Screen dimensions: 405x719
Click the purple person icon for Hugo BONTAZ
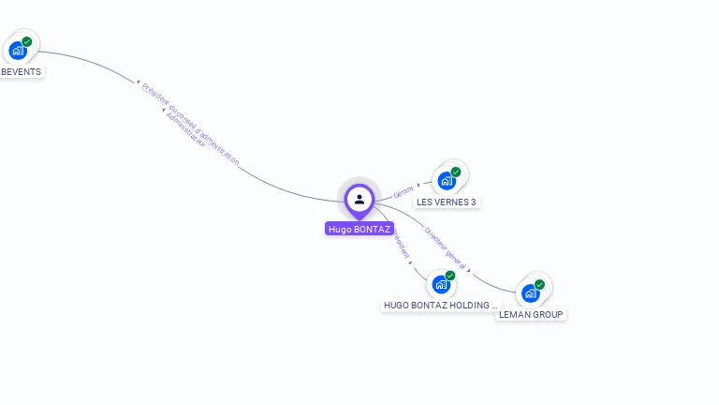coord(359,199)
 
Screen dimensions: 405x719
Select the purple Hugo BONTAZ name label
coord(359,229)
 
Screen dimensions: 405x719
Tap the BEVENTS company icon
coord(18,51)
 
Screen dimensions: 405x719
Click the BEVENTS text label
coord(21,72)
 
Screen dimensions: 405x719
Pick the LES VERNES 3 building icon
coord(447,181)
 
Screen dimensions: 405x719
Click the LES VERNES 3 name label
coord(447,202)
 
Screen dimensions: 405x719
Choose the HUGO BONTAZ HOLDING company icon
coord(441,285)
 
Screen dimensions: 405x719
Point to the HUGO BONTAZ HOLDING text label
coord(438,306)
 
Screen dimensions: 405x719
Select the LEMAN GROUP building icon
coord(531,293)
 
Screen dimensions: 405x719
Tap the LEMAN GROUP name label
coord(532,315)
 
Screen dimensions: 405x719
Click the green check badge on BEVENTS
coord(27,41)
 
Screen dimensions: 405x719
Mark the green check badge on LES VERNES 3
coord(456,172)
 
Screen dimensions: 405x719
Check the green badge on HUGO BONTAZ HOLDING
coord(450,276)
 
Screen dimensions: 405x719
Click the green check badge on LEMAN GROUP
coord(540,284)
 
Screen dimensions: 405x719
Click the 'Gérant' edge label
coord(404,191)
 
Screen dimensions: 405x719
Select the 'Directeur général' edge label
coord(445,247)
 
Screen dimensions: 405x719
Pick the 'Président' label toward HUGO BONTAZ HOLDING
coord(400,242)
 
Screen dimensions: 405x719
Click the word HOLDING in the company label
coord(477,306)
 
